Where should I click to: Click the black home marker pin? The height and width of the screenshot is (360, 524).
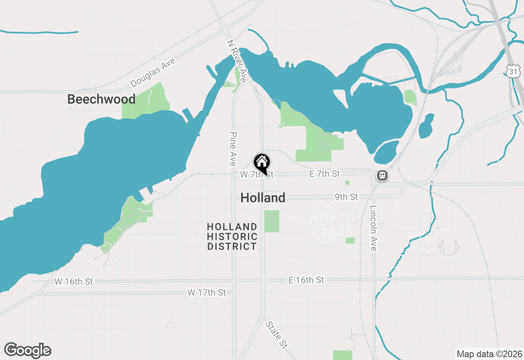pos(262,163)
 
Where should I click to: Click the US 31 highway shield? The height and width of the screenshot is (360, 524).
pos(513,71)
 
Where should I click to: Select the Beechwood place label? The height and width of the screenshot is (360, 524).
pos(101,99)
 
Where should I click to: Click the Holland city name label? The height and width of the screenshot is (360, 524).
pos(263,198)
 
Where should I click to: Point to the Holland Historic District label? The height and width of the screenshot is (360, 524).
pos(232,237)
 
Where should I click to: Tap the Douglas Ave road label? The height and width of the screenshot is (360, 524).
pos(153,73)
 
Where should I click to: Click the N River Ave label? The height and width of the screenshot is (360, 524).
pos(237,61)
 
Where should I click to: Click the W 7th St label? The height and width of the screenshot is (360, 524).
pos(256,175)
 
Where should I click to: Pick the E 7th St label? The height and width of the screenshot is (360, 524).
pos(325,174)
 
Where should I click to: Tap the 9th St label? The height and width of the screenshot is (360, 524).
pos(346,197)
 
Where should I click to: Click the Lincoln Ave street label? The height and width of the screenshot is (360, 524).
pos(374,228)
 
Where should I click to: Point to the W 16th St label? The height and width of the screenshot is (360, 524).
pos(74,281)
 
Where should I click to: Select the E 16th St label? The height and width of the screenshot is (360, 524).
pos(306,280)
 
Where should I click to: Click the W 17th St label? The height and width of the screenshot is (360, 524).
pos(207,292)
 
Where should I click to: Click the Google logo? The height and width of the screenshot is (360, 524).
pos(28,351)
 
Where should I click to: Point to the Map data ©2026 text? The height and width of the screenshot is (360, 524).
pos(489,354)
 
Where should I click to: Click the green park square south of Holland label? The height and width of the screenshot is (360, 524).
pos(271,221)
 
